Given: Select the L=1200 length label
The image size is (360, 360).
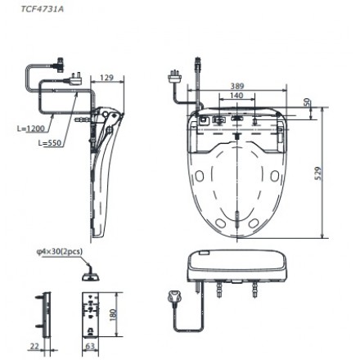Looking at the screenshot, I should (x=31, y=128).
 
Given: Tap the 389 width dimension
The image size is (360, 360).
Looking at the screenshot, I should (x=237, y=85).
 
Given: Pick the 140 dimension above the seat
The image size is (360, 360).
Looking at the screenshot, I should (x=236, y=95).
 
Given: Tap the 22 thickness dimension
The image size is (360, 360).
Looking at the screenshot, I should (x=33, y=348).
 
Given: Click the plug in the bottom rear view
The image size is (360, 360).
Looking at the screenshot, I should (x=172, y=298).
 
